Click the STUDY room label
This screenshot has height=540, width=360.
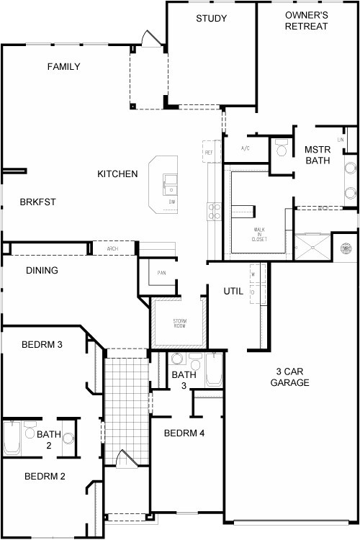tap(211, 18)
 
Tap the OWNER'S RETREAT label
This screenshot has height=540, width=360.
tap(306, 21)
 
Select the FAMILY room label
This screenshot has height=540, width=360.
tap(63, 67)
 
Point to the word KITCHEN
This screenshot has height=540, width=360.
tap(117, 174)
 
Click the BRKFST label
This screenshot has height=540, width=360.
tap(37, 202)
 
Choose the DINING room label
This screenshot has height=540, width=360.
tap(42, 271)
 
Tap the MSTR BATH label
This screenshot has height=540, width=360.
tap(317, 155)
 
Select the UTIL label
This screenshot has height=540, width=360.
tap(233, 291)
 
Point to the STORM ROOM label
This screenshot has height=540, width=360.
tap(180, 323)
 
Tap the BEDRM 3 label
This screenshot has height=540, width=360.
tap(42, 345)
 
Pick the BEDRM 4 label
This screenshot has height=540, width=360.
tap(184, 433)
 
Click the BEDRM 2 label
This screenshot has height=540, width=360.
tap(45, 476)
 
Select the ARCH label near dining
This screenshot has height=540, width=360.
tap(112, 248)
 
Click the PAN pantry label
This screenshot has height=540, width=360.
tap(162, 274)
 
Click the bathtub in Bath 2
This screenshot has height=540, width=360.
tap(12, 438)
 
